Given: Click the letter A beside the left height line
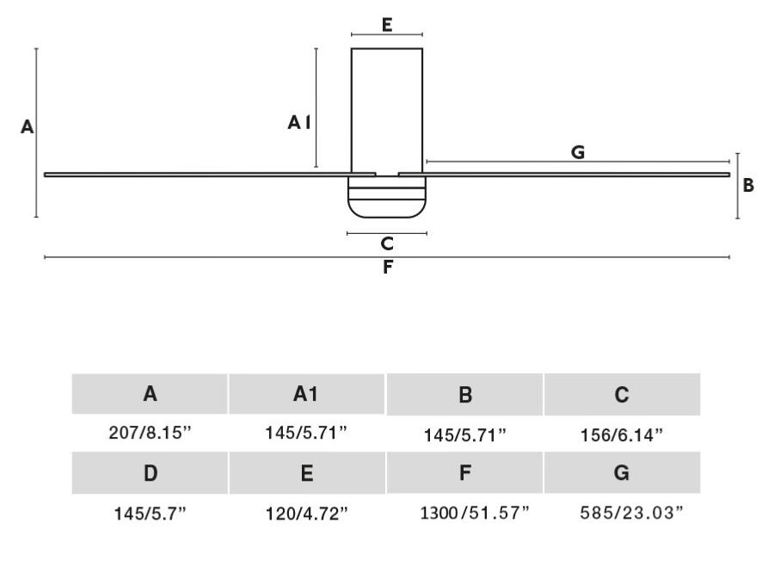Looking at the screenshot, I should pyautogui.click(x=28, y=127).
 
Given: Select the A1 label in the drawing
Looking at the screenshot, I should pyautogui.click(x=298, y=124).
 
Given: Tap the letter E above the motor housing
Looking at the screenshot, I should pyautogui.click(x=387, y=24).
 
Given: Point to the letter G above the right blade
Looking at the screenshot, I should pyautogui.click(x=578, y=152).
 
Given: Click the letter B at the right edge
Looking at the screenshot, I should pyautogui.click(x=748, y=185).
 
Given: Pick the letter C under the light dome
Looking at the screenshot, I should pyautogui.click(x=387, y=244).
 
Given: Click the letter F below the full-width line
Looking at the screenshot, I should pyautogui.click(x=387, y=268).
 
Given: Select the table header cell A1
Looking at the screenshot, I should pyautogui.click(x=307, y=394).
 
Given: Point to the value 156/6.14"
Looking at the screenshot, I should pyautogui.click(x=622, y=435).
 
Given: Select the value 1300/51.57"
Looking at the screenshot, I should pyautogui.click(x=464, y=514).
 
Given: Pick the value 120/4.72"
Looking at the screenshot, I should pyautogui.click(x=307, y=514).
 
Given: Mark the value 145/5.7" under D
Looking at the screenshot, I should pyautogui.click(x=150, y=514).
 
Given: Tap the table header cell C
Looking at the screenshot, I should pyautogui.click(x=622, y=395).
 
